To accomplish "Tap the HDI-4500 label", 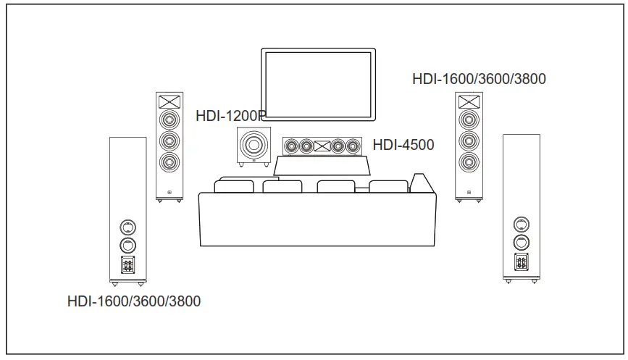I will click(403, 145).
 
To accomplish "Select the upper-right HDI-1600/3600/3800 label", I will click(479, 79).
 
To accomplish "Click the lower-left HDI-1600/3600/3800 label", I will click(134, 301).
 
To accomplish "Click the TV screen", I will click(319, 85).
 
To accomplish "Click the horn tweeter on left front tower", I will click(168, 101).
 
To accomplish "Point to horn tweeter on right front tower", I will click(469, 101).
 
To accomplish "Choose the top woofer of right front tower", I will click(469, 119).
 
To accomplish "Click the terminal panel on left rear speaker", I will click(127, 264).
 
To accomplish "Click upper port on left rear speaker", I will click(127, 226).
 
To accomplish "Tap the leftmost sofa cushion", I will click(233, 187).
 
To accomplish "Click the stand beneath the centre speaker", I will click(323, 166).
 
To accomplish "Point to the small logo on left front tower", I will click(168, 193).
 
